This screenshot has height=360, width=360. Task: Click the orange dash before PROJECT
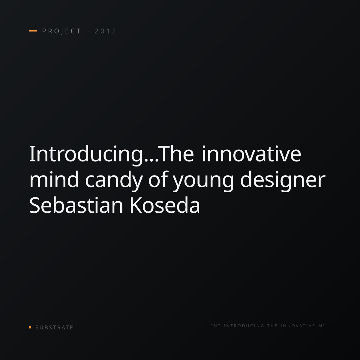(33, 31)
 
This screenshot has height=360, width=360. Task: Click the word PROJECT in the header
(62, 31)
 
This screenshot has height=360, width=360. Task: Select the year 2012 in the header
(106, 31)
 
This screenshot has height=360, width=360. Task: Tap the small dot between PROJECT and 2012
(88, 31)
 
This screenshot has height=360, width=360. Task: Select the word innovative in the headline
(252, 154)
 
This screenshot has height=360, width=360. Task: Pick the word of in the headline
(157, 179)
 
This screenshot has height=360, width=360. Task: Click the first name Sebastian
(76, 205)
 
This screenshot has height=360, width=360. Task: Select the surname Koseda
(165, 205)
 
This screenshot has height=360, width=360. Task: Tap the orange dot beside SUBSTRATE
(30, 327)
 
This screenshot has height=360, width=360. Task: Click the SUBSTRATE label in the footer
(54, 327)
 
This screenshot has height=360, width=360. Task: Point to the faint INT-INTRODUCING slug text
(270, 325)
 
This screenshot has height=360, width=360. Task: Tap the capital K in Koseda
(136, 205)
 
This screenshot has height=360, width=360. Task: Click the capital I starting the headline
(31, 154)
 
